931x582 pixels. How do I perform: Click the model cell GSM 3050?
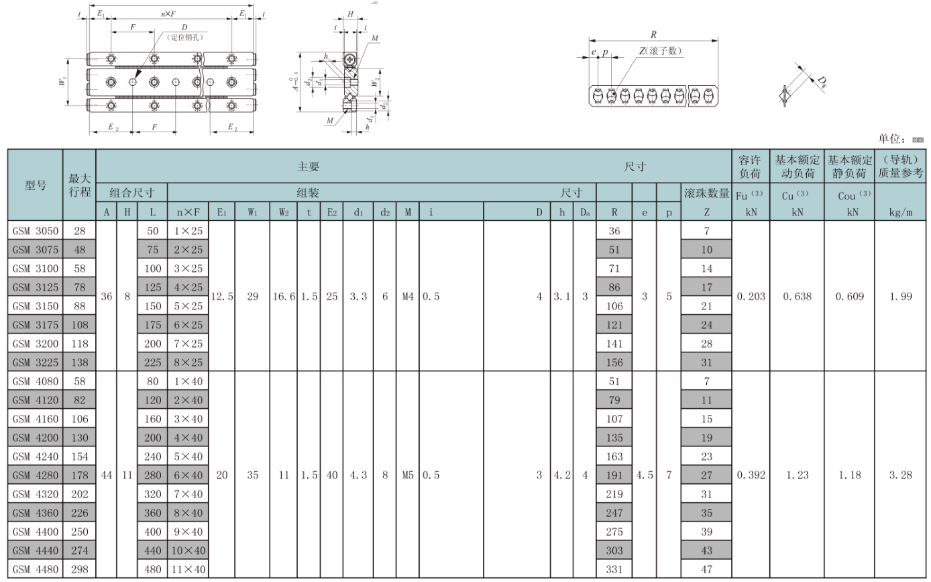[x=36, y=231]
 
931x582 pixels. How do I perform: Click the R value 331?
[x=614, y=570]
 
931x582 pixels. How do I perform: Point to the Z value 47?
[x=706, y=570]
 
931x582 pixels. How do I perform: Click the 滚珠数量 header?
[x=706, y=194]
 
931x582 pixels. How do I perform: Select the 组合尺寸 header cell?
[x=132, y=193]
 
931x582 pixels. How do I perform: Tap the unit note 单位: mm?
[x=900, y=139]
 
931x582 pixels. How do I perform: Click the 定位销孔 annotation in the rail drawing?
[x=184, y=38]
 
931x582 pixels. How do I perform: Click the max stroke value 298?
[x=79, y=570]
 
